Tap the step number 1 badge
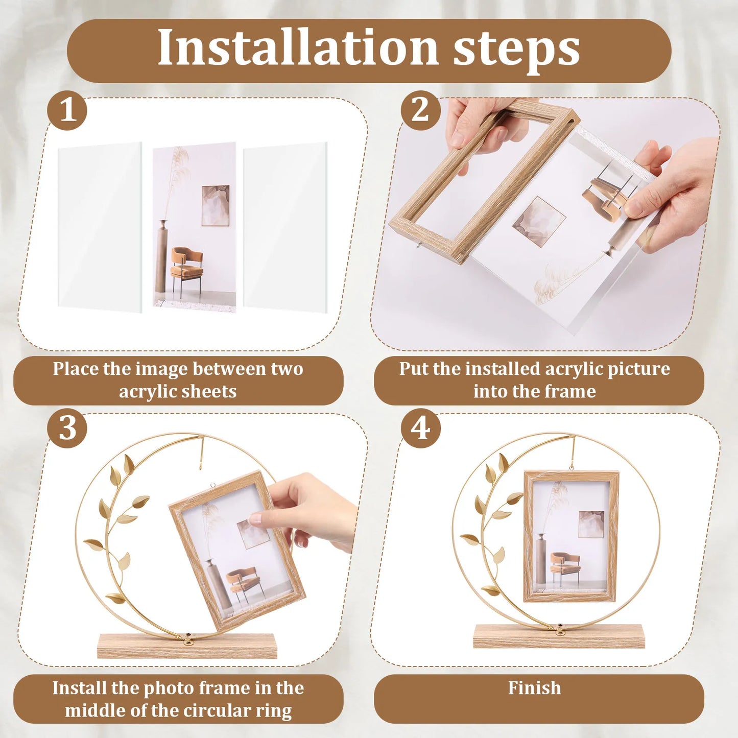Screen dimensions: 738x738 coord(67,111)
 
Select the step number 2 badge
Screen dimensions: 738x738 coord(420,111)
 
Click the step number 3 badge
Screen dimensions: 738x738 coord(67,428)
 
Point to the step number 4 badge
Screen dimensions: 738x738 coord(420,428)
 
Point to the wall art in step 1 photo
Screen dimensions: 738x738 coord(215,205)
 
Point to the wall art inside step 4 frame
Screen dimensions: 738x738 coord(591,524)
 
